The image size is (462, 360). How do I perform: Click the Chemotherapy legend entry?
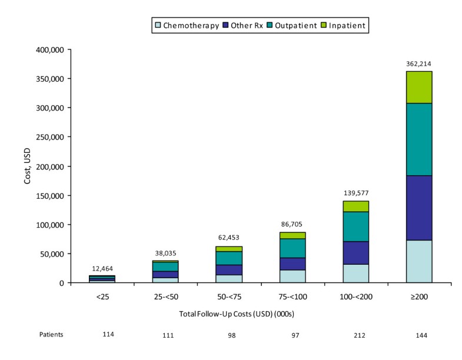point(186,26)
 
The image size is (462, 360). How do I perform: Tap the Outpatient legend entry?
point(292,26)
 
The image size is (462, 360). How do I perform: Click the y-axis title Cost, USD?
point(28,166)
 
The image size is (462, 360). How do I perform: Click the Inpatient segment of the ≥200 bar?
point(418,87)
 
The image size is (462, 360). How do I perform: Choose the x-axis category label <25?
point(102,297)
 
